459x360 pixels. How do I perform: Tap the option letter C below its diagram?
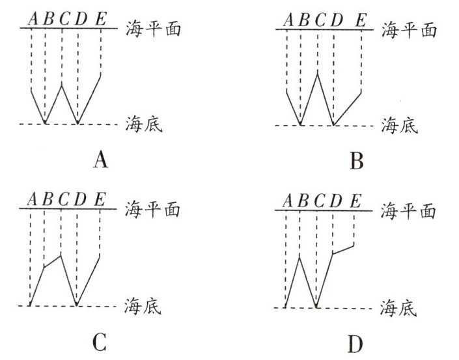tap(100, 342)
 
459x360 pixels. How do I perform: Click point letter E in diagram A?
tap(100, 20)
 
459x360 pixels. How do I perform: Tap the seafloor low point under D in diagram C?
tap(77, 305)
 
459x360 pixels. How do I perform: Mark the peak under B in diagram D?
tap(299, 256)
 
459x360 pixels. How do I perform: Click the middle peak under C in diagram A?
tap(61, 84)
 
